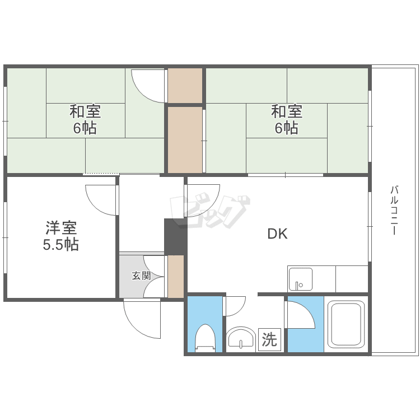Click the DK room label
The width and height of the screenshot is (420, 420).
(278, 234)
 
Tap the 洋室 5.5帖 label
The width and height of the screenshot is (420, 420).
(61, 236)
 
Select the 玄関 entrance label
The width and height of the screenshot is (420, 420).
(141, 276)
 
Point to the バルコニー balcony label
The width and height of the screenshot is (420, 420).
(394, 210)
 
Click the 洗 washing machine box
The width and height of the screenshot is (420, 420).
(269, 339)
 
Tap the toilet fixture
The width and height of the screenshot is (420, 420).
(205, 338)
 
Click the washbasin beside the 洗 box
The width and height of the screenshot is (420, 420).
(241, 339)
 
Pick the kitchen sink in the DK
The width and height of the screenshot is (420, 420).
(300, 279)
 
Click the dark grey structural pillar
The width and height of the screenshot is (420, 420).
(175, 237)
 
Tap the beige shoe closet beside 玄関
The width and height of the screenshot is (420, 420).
(176, 276)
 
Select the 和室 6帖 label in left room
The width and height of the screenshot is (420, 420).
(85, 119)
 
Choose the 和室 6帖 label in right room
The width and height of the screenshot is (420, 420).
(287, 119)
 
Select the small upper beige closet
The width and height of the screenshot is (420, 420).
(185, 86)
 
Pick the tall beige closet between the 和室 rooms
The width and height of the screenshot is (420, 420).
(185, 140)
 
